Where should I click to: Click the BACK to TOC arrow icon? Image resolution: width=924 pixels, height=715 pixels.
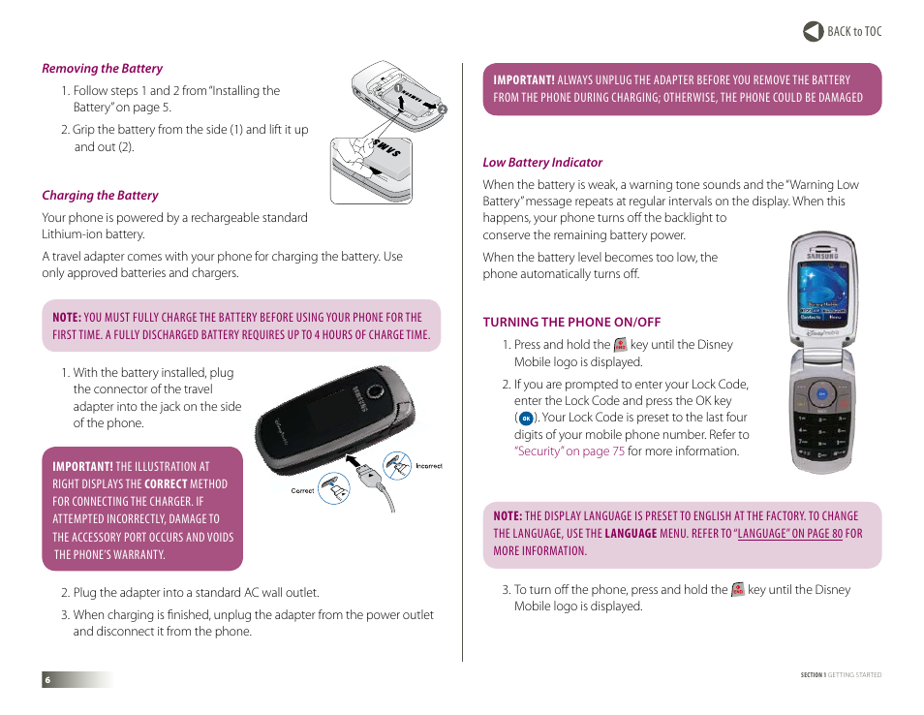pyautogui.click(x=813, y=31)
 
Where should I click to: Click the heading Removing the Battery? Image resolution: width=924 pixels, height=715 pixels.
pyautogui.click(x=102, y=69)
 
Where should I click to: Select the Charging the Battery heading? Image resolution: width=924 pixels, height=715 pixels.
pyautogui.click(x=100, y=196)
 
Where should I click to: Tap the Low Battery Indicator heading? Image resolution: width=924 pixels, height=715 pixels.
pyautogui.click(x=542, y=163)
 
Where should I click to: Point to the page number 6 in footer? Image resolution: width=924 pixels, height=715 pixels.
pyautogui.click(x=46, y=680)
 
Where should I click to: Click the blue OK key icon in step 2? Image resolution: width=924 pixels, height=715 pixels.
pyautogui.click(x=525, y=419)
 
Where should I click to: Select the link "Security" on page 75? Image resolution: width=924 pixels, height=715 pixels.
pyautogui.click(x=570, y=451)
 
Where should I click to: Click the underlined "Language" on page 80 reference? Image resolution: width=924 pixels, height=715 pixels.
pyautogui.click(x=789, y=534)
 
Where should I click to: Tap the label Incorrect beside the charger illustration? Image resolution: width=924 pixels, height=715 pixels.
pyautogui.click(x=428, y=466)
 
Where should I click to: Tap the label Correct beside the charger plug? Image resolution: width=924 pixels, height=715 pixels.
pyautogui.click(x=302, y=491)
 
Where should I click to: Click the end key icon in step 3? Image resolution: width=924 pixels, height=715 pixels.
pyautogui.click(x=738, y=589)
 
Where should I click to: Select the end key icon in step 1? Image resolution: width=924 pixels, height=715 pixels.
pyautogui.click(x=621, y=345)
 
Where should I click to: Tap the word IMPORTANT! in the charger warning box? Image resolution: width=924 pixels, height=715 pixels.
pyautogui.click(x=82, y=466)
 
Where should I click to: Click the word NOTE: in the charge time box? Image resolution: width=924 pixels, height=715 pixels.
pyautogui.click(x=66, y=318)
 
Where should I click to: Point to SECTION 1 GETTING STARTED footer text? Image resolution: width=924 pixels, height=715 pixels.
pyautogui.click(x=841, y=675)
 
